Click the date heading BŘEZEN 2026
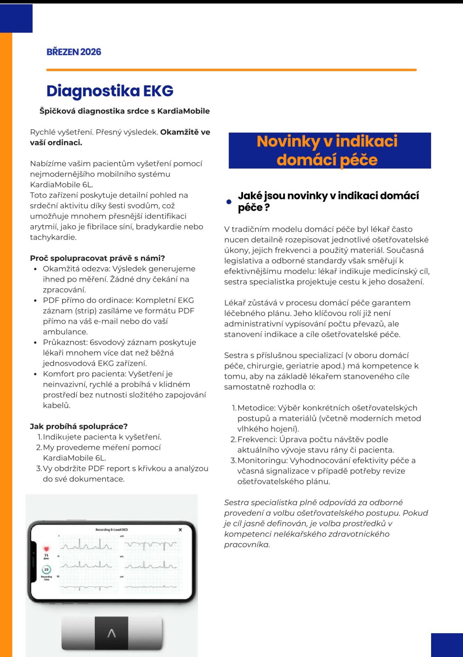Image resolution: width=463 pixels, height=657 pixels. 74,52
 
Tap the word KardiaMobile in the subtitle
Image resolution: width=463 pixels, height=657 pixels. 183,111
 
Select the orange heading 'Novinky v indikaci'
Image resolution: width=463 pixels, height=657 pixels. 327,141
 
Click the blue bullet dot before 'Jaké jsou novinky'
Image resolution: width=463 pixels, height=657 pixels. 229,202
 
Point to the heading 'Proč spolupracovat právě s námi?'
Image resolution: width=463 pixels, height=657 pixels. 97,258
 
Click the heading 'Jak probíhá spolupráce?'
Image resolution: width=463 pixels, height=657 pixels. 79,426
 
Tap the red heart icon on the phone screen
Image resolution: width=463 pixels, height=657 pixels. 46,549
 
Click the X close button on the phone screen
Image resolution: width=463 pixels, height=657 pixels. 180,530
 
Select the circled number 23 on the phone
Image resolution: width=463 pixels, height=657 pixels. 46,569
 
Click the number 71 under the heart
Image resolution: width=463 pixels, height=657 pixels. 46,556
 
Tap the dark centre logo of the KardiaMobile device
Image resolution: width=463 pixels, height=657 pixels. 111,633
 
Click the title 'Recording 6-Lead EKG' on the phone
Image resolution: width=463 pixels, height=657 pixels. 112,530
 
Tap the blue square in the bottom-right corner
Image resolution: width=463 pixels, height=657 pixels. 447,645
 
